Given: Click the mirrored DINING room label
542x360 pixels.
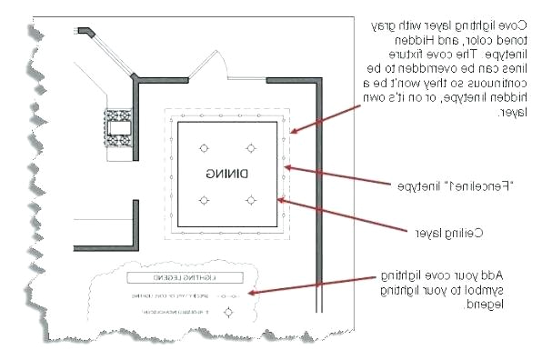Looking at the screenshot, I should point(227,173).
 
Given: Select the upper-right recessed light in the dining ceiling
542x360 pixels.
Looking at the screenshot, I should point(251,147).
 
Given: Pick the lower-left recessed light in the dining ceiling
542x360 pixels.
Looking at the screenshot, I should point(204,199).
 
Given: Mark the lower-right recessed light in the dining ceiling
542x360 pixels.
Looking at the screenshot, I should point(251,199).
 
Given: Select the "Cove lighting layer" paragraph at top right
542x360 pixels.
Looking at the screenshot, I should point(445,69).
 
